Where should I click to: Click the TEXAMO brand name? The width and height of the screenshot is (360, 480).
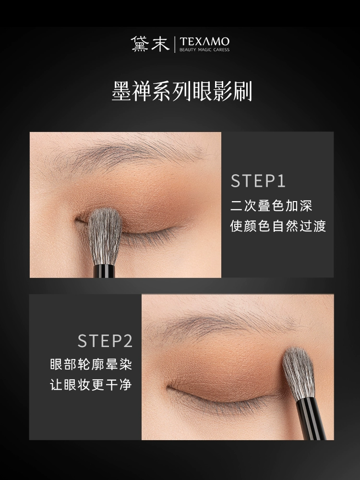pyautogui.click(x=204, y=41)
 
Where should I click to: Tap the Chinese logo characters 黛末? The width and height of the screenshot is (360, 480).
pyautogui.click(x=150, y=44)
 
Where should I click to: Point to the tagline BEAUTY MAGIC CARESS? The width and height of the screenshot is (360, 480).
pyautogui.click(x=204, y=49)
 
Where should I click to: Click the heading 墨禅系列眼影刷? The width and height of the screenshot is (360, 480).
pyautogui.click(x=182, y=91)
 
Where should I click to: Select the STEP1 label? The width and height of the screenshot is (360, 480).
pyautogui.click(x=258, y=181)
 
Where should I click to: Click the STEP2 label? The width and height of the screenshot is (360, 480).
pyautogui.click(x=105, y=341)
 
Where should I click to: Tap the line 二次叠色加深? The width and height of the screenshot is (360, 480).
pyautogui.click(x=271, y=206)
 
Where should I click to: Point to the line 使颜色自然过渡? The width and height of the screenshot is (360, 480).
pyautogui.click(x=278, y=226)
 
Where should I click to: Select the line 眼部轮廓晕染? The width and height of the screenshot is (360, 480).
pyautogui.click(x=91, y=364)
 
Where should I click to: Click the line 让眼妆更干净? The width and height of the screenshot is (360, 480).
pyautogui.click(x=91, y=384)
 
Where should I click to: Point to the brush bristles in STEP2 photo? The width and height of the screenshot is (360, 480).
pyautogui.click(x=299, y=373)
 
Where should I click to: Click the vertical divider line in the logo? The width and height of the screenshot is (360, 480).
pyautogui.click(x=175, y=44)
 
